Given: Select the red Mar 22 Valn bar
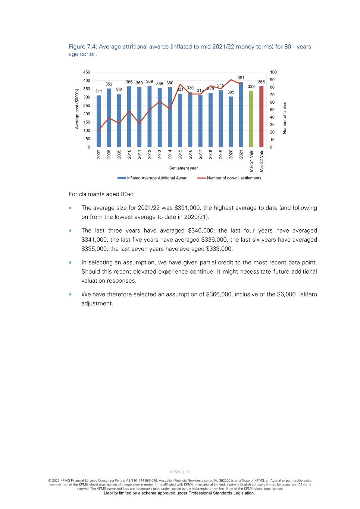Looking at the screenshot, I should tap(262, 117).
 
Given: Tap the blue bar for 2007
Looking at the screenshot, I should tap(99, 122).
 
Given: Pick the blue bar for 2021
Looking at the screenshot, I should tap(241, 115).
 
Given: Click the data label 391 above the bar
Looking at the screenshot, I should tap(241, 78).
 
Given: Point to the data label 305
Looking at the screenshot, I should tap(231, 92).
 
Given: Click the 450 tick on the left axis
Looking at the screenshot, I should tap(86, 72).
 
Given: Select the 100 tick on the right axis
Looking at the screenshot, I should tap(273, 72).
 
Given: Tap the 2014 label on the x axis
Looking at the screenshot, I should tap(170, 154).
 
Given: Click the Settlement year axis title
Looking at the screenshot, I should tap(184, 168).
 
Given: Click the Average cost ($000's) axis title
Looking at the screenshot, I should tap(77, 109).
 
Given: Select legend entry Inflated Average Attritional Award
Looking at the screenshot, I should tap(157, 178).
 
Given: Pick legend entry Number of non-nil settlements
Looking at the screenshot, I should tap(234, 178).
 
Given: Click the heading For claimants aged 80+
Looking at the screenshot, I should tap(101, 194).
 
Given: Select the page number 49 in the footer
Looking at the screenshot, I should tap(188, 472).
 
